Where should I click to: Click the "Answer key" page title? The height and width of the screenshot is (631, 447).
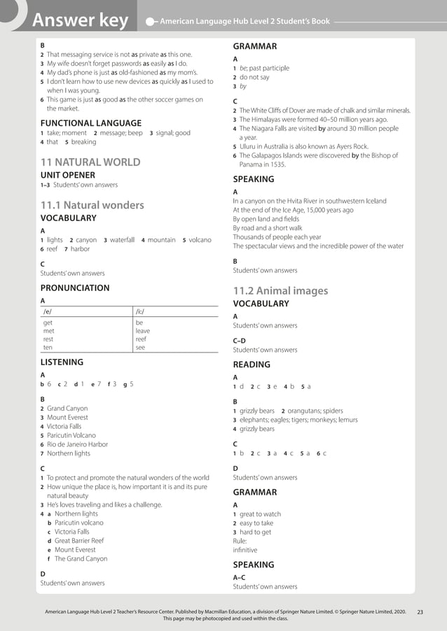coord(80,21)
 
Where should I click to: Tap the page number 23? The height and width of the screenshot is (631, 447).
coord(420,612)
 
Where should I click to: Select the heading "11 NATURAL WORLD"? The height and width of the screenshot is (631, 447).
coord(90,162)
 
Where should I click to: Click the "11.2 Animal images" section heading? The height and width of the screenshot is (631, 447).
coord(280,290)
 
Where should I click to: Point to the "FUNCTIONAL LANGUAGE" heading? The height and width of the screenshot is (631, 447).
coord(90,122)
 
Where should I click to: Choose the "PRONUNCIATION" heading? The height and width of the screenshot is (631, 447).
coord(75,288)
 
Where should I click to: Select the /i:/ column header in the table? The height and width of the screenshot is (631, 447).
coord(140,311)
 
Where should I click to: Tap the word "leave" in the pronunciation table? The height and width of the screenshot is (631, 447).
coord(142,331)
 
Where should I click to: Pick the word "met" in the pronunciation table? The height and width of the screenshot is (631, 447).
coord(48,331)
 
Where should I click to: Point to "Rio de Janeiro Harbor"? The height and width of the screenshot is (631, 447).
coord(77,444)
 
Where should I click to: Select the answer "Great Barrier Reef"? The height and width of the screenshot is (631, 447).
coord(79,541)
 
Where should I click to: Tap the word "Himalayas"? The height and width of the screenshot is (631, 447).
coord(268,120)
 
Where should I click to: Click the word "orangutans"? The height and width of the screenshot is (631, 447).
coord(304,411)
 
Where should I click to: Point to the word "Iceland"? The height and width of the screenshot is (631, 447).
coord(373,201)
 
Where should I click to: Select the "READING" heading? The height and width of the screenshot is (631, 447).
coord(252,364)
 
